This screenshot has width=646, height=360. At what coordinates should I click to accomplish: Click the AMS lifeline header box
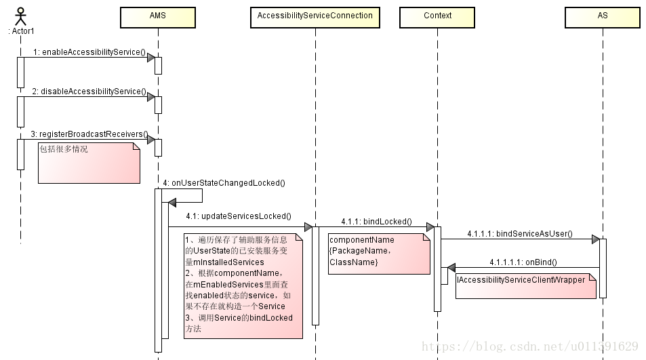(x=158, y=18)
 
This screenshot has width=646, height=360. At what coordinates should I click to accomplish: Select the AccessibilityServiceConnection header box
(x=315, y=18)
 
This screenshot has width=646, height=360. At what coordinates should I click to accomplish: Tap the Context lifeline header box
(x=437, y=18)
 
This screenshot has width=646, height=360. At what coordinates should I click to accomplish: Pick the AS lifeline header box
(x=603, y=18)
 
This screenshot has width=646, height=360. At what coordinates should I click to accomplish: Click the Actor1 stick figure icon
(x=20, y=16)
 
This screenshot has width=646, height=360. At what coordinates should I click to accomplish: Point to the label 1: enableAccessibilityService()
(x=89, y=52)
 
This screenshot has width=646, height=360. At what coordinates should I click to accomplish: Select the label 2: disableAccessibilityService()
(x=89, y=92)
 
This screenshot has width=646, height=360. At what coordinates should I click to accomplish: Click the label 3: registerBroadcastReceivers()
(x=89, y=134)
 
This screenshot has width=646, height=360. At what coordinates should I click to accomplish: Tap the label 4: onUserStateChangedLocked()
(x=224, y=183)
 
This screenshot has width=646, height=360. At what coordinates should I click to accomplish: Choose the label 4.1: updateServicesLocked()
(x=239, y=216)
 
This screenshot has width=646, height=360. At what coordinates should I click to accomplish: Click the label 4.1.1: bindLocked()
(x=377, y=222)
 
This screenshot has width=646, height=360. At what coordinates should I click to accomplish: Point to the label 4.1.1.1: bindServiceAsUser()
(x=520, y=233)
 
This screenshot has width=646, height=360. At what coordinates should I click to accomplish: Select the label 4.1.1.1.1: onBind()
(x=523, y=262)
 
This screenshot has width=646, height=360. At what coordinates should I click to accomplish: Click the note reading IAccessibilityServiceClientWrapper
(x=526, y=286)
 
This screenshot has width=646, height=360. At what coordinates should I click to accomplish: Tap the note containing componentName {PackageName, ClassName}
(x=379, y=254)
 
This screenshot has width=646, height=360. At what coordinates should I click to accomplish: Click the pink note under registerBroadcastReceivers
(x=89, y=163)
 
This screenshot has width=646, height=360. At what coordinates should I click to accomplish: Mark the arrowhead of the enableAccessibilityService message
(x=151, y=58)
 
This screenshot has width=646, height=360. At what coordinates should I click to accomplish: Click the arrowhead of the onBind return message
(x=451, y=268)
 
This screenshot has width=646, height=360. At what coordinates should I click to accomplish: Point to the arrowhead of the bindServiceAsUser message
(x=595, y=239)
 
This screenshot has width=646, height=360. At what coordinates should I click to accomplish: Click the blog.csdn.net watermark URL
(x=530, y=346)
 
